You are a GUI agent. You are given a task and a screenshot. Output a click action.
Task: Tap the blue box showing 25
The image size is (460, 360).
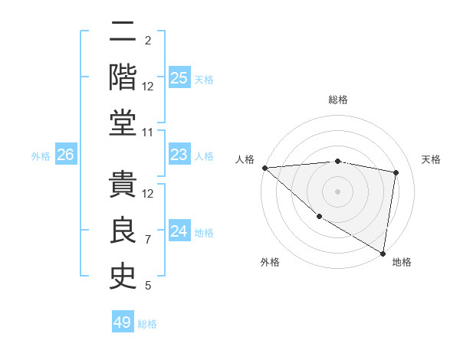[179, 77]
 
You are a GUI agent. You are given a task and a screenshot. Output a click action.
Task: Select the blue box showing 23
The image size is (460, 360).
[179, 155]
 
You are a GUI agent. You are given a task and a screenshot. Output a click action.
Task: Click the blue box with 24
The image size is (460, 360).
[179, 231]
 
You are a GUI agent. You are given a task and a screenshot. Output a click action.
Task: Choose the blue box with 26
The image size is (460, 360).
[65, 155]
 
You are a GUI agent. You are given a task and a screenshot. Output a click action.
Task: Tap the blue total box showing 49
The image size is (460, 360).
[123, 322]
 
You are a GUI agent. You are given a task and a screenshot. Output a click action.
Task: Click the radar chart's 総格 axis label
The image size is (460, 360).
[337, 100]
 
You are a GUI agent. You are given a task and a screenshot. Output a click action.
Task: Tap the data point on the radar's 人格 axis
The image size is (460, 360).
[264, 168]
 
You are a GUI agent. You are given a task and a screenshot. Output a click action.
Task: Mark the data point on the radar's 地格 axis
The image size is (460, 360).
[382, 253]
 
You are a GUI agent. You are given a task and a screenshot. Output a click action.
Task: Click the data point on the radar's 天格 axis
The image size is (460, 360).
[396, 172]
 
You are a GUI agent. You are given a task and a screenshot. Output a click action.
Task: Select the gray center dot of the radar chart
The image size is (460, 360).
[337, 191]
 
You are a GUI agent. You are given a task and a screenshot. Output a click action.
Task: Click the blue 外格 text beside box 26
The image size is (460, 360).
[41, 155]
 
